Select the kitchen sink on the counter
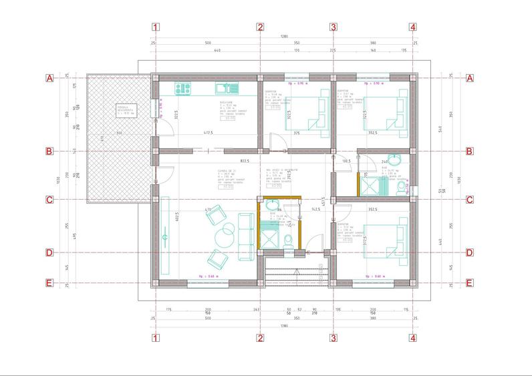[x=224, y=87]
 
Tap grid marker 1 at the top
[x=156, y=27]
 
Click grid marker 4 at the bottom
[x=413, y=338]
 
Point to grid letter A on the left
[x=49, y=78]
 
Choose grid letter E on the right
[x=469, y=283]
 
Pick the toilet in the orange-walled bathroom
[x=287, y=240]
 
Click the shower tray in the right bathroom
[x=369, y=184]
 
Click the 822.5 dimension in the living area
[x=226, y=161]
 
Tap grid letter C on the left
[x=49, y=199]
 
